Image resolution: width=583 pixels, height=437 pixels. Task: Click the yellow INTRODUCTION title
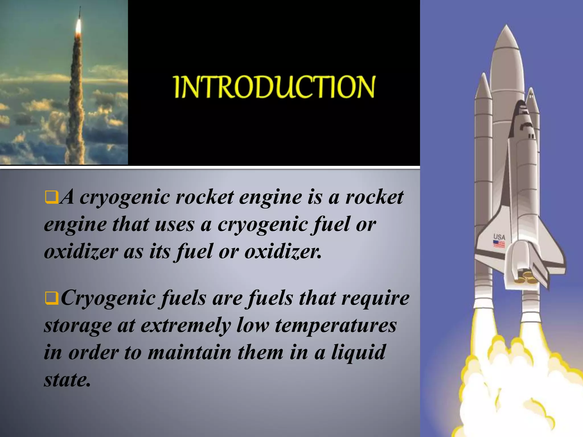click(274, 87)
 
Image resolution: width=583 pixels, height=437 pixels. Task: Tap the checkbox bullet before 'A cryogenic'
click(52, 197)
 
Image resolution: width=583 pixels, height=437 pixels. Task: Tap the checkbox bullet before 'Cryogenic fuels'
click(52, 298)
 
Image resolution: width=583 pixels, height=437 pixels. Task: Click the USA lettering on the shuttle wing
click(499, 237)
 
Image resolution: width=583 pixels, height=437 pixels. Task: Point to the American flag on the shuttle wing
click(499, 244)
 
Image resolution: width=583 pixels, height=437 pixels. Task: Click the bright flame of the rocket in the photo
click(78, 27)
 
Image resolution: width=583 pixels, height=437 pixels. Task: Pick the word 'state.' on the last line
click(67, 380)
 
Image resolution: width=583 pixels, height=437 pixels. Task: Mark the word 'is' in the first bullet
click(315, 197)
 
